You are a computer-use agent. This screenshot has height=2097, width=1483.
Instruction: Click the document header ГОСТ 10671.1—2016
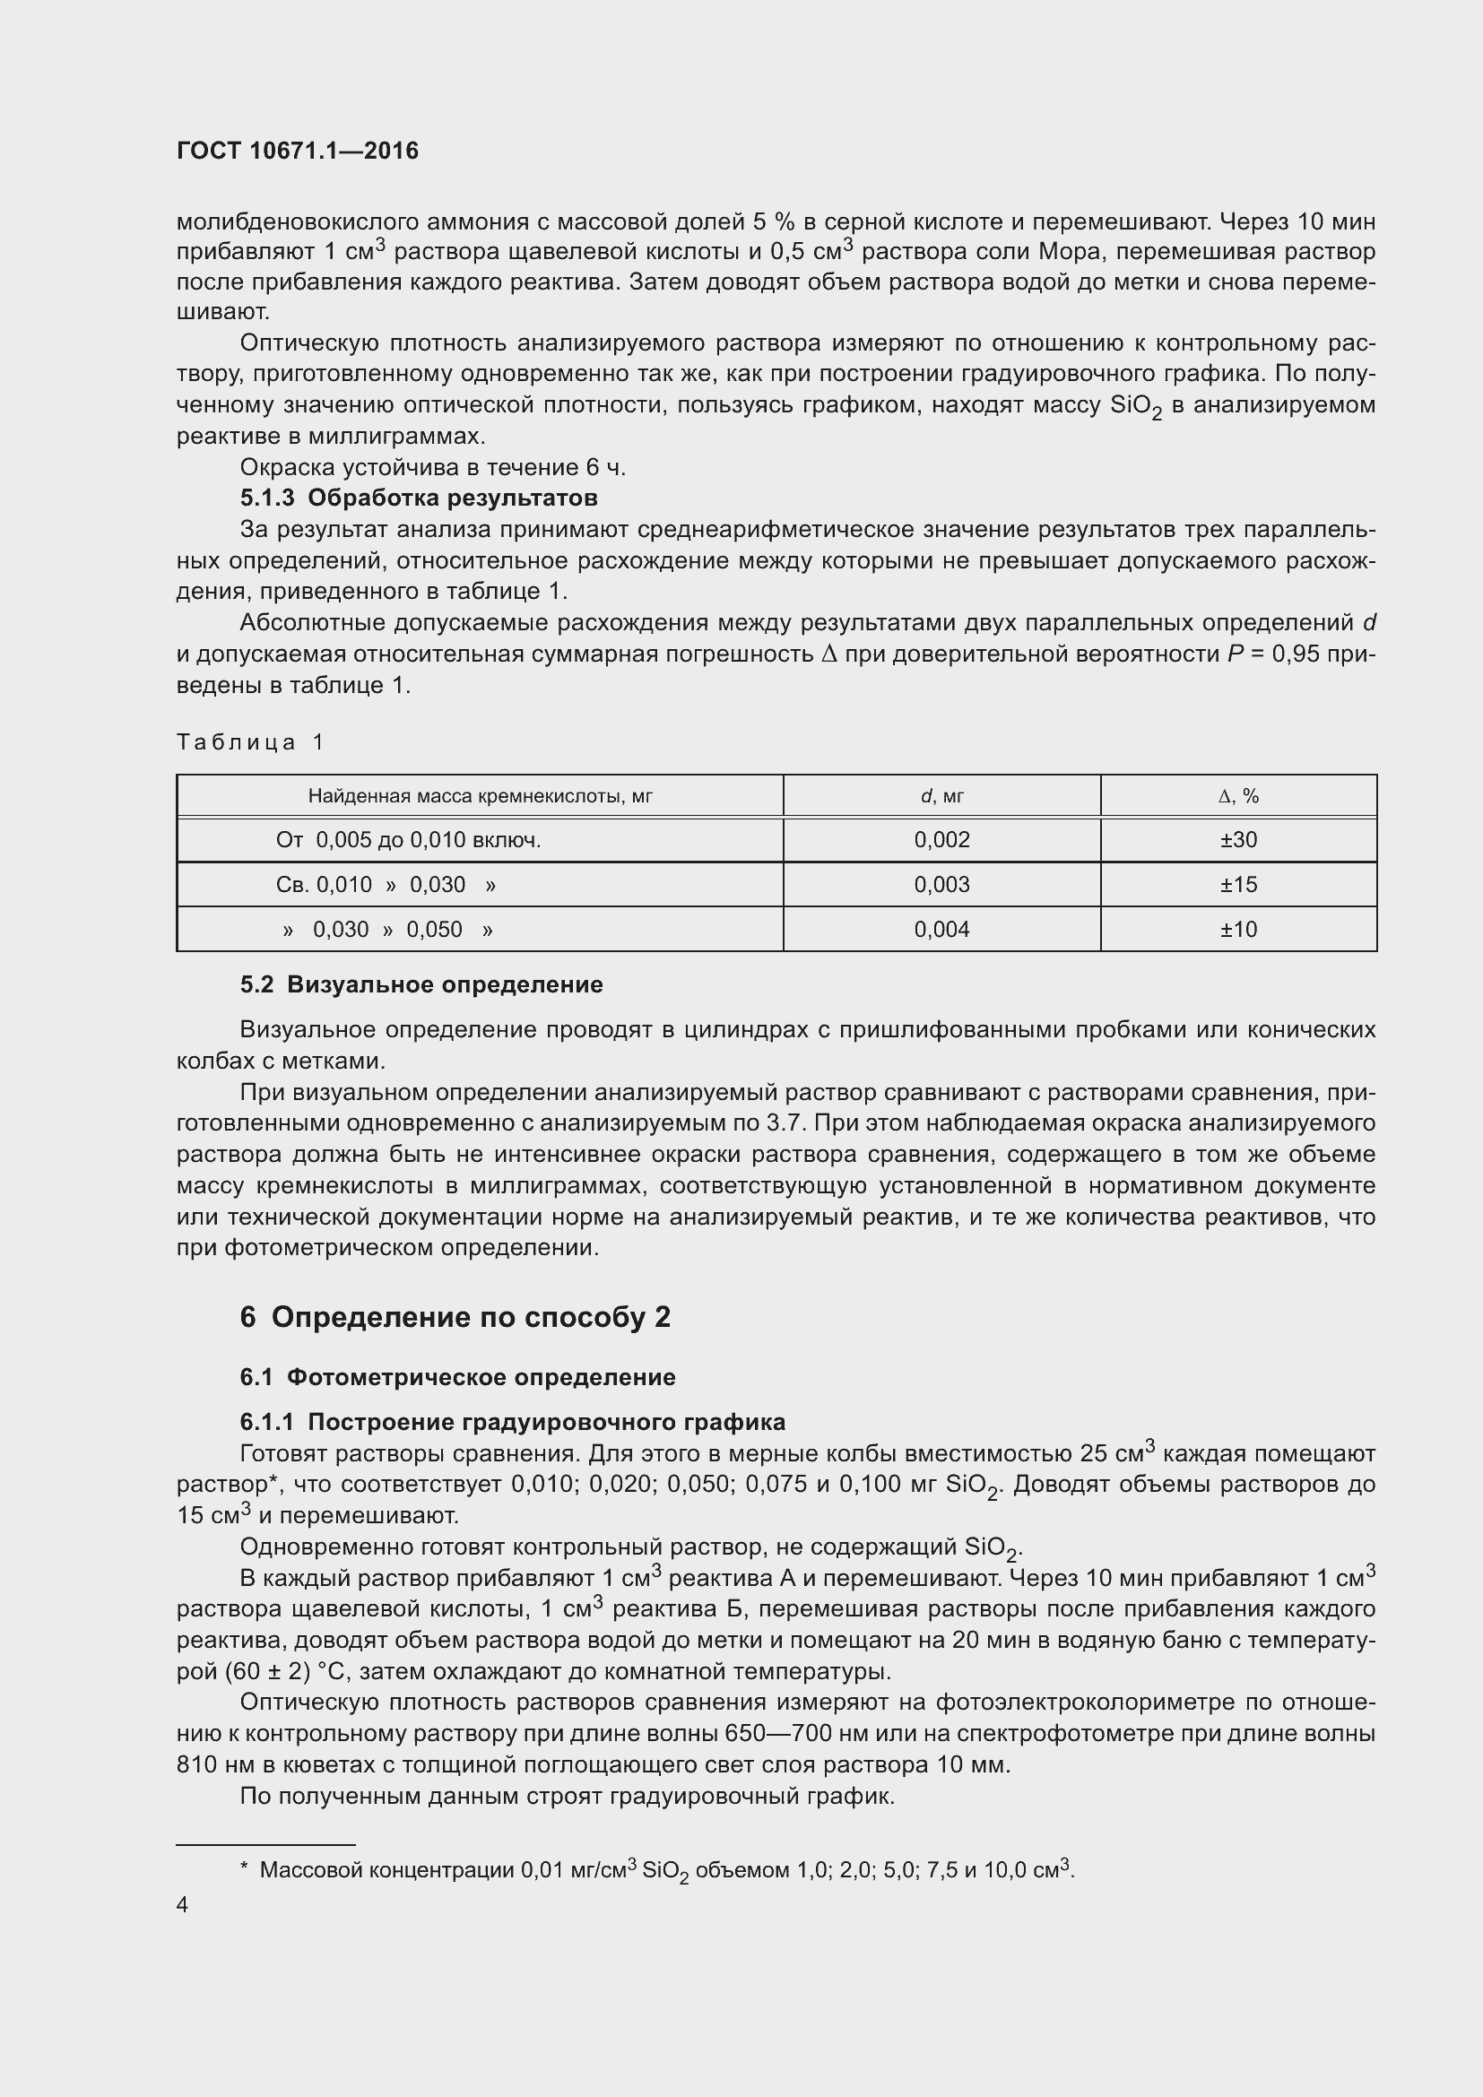298,151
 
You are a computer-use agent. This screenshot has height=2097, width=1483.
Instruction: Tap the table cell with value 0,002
941,839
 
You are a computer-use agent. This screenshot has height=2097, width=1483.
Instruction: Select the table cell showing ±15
1238,884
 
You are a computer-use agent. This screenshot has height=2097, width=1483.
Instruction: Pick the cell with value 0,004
941,929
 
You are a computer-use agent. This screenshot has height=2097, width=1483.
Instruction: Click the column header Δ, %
1238,795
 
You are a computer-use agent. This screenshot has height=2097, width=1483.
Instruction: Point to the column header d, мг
941,795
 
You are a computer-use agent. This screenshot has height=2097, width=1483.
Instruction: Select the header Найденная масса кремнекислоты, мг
480,795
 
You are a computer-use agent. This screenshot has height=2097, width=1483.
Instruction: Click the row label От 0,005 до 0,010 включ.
408,839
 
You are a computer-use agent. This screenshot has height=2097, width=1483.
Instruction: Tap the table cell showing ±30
1238,839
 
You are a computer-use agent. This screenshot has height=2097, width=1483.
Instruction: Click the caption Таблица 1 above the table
250,741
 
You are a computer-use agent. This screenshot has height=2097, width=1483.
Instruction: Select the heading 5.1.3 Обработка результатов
418,498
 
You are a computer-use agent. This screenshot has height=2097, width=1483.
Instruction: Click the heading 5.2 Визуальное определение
421,984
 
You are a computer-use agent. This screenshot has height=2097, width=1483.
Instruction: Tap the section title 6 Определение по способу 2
455,1317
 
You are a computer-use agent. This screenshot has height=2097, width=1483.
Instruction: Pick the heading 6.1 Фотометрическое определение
457,1377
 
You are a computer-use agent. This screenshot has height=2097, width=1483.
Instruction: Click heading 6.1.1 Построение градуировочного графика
512,1422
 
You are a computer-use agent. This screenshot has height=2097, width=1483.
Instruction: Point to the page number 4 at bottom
183,1905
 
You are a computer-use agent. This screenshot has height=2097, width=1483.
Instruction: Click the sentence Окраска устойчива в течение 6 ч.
433,467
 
